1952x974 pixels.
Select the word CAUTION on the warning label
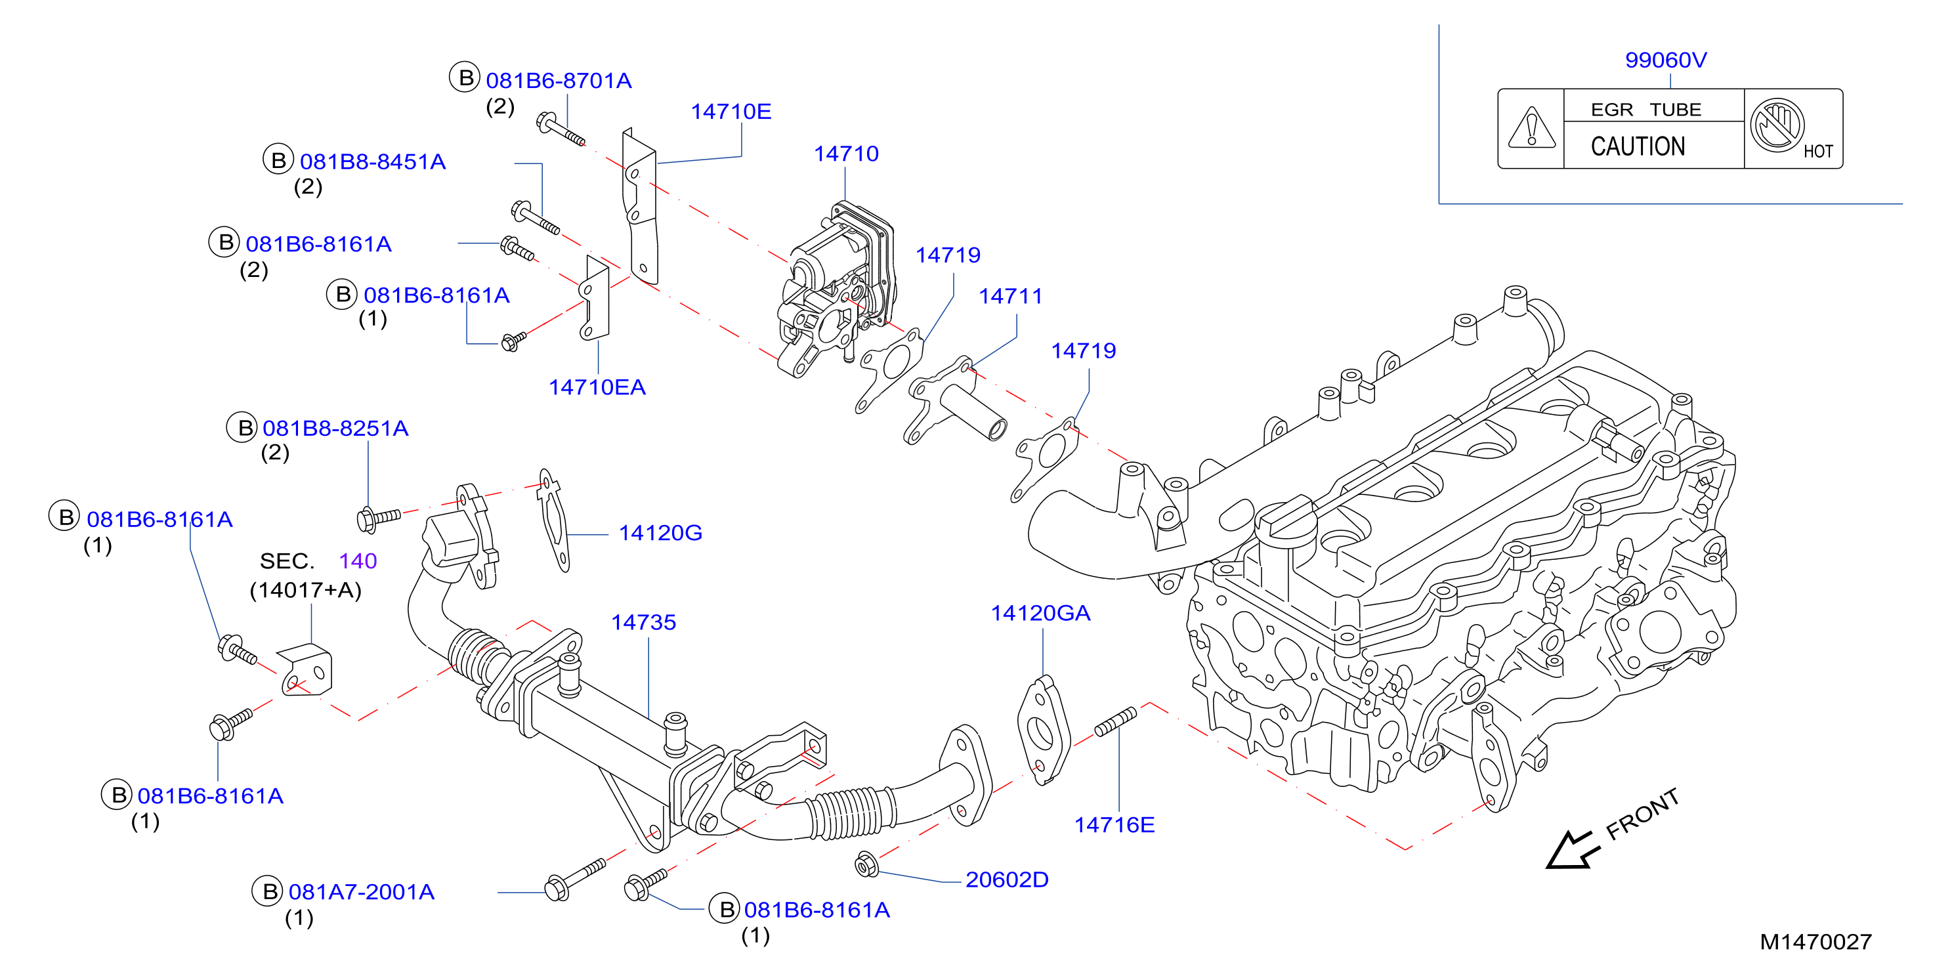(1638, 146)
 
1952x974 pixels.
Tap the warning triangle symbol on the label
(1531, 127)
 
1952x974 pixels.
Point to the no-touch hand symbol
(1776, 125)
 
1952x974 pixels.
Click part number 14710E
(731, 112)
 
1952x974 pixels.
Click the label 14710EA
(597, 387)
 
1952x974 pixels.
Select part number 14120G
(660, 533)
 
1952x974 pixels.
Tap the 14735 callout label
(643, 622)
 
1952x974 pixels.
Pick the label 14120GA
(1040, 613)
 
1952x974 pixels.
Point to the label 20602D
(1007, 879)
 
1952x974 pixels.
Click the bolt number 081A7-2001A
(362, 892)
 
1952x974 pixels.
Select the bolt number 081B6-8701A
(559, 80)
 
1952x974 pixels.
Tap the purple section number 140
(358, 561)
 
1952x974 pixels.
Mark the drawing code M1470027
(1815, 941)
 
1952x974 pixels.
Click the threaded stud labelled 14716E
(1115, 721)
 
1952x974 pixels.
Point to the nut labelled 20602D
(866, 864)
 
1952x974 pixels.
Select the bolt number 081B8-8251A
(335, 428)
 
